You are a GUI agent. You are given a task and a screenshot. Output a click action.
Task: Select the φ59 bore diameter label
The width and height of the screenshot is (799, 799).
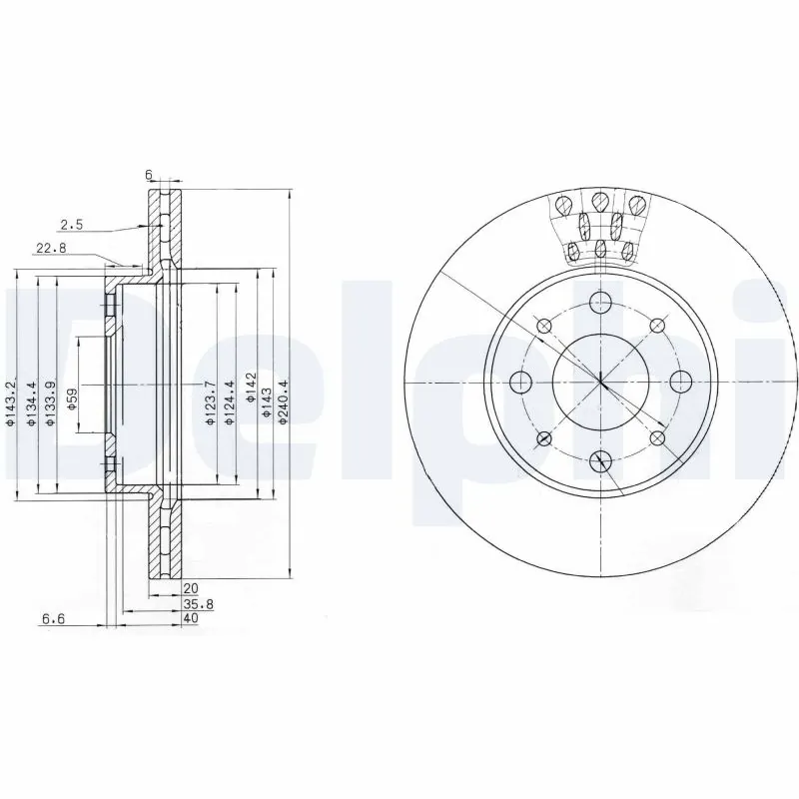click(72, 400)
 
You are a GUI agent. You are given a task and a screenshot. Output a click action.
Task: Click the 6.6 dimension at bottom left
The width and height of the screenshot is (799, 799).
click(53, 619)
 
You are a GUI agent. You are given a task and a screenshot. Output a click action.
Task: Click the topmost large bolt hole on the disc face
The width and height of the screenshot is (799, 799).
click(600, 303)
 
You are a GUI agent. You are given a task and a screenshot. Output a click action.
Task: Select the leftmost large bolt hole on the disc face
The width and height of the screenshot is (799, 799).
click(520, 382)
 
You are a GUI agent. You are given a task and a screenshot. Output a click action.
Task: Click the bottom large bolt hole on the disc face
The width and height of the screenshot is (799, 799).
click(600, 460)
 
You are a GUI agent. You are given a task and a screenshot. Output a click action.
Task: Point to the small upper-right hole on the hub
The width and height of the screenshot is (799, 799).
click(657, 326)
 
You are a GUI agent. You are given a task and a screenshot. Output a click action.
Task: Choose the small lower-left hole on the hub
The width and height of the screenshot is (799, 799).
click(544, 438)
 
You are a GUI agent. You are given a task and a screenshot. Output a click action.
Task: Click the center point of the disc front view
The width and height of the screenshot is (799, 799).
click(600, 382)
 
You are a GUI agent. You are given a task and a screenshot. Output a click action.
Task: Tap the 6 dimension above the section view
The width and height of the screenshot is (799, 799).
click(149, 175)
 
